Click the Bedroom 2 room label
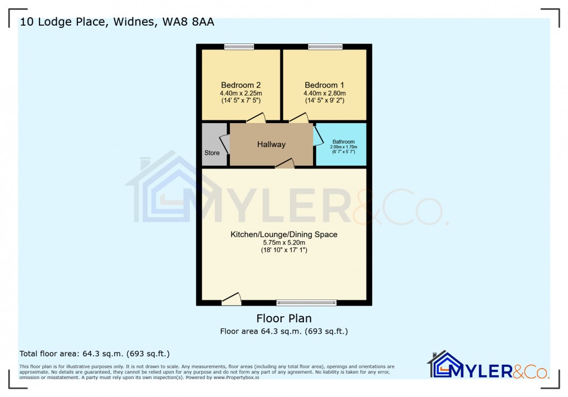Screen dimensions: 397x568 (241, 85)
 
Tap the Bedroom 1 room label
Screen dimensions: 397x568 (324, 85)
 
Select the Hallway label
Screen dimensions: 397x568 (271, 144)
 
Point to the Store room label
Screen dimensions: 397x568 (212, 153)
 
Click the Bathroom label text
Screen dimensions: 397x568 (343, 142)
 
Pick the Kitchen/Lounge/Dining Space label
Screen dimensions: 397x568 (284, 234)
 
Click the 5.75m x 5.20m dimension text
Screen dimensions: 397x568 (284, 243)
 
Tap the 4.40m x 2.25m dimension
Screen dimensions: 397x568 (241, 93)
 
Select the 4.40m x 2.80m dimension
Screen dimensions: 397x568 (324, 93)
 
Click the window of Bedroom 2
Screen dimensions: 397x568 (239, 47)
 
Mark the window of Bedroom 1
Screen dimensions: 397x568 (325, 47)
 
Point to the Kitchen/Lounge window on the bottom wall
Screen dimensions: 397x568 (306, 303)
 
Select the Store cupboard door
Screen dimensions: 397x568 (226, 144)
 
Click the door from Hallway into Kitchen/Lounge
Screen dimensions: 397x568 (285, 163)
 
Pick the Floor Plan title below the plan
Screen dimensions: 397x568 (284, 318)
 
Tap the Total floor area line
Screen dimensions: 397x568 (95, 354)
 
